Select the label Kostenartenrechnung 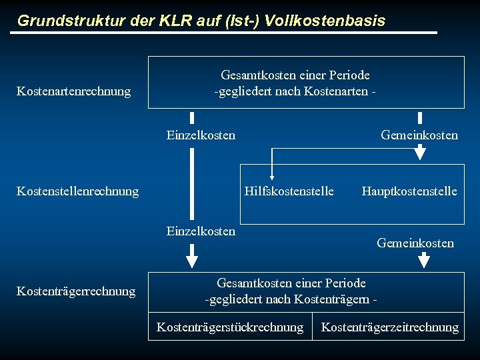[73, 91]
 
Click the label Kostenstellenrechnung [77, 191]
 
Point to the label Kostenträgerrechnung [75, 291]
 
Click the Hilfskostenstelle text [289, 191]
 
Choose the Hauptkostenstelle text [409, 191]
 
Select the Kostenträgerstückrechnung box [230, 327]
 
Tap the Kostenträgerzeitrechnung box [390, 327]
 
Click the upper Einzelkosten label [201, 135]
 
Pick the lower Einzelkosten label [201, 231]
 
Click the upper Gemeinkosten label [419, 135]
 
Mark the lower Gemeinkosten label [415, 243]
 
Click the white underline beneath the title [227, 33]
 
